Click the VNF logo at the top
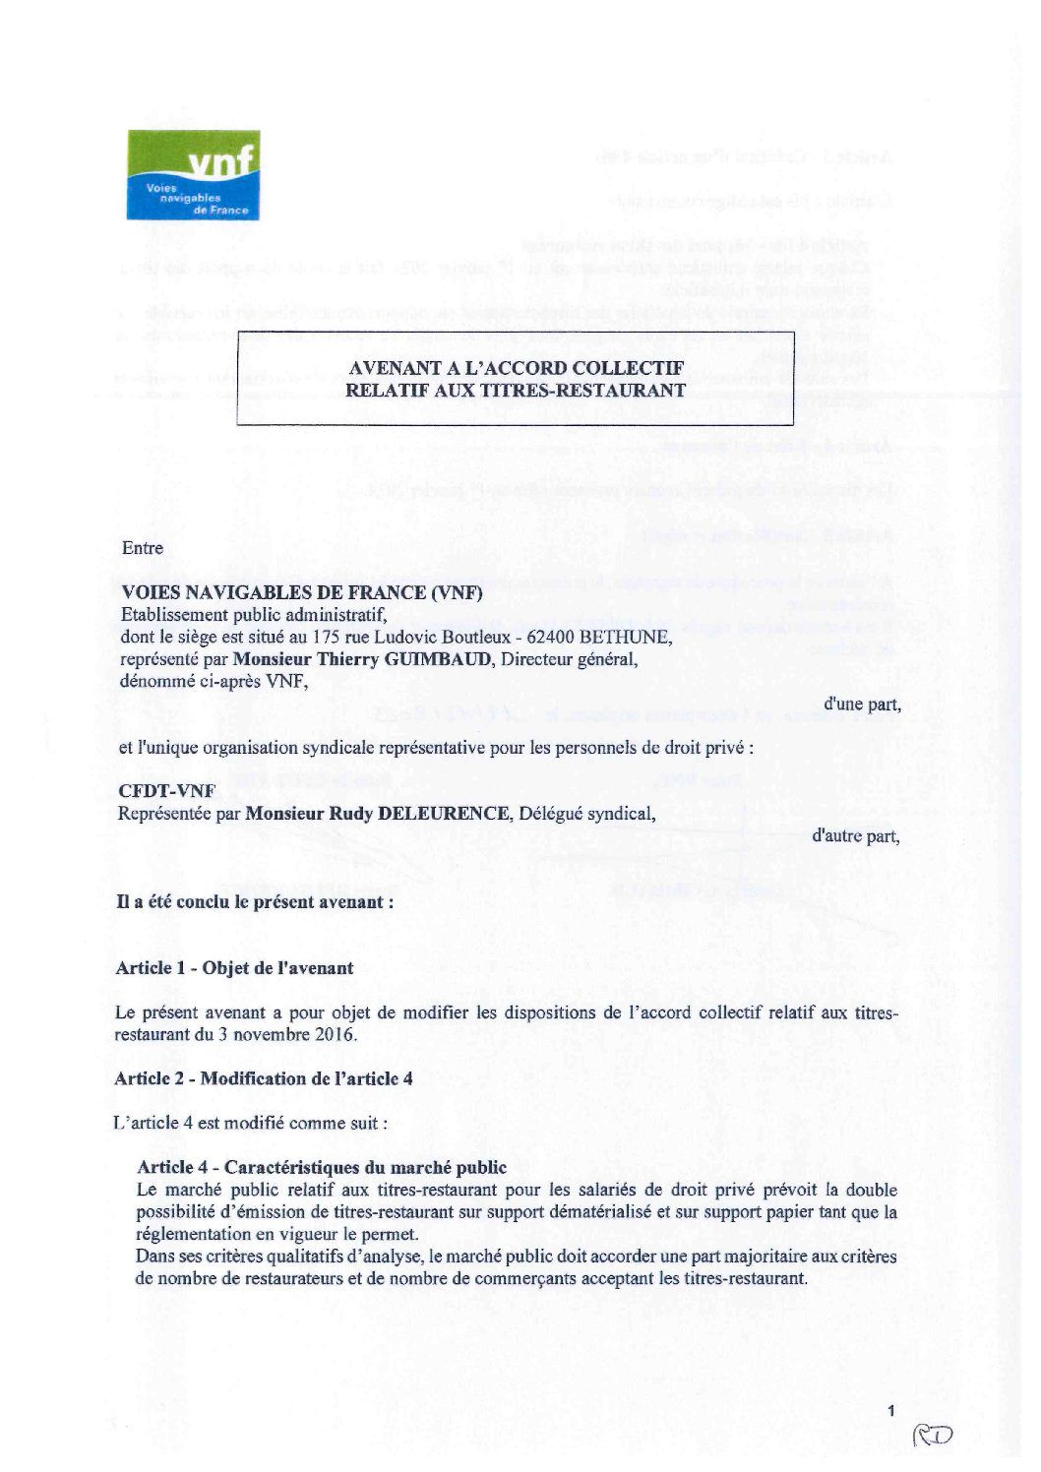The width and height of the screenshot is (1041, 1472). tap(194, 175)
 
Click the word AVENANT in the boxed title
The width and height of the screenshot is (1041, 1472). tap(388, 369)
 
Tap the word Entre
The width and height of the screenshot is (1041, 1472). tap(142, 548)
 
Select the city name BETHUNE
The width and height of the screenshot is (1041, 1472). tap(630, 637)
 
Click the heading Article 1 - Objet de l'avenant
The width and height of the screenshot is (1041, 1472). tap(234, 967)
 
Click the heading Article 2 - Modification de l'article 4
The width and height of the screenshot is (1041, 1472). tap(263, 1078)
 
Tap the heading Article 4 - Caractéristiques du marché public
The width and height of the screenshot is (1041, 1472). tap(322, 1168)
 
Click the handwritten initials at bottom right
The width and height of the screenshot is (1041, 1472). tap(933, 1438)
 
